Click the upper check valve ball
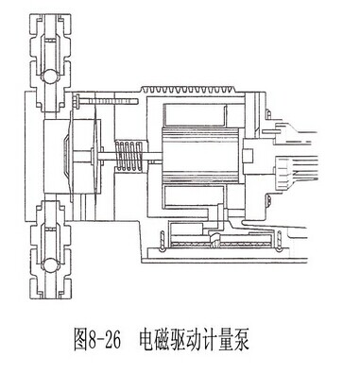[49, 76]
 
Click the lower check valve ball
[49, 264]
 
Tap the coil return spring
[129, 156]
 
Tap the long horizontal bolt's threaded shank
[110, 101]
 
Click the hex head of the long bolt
[77, 101]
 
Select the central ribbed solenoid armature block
[201, 156]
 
